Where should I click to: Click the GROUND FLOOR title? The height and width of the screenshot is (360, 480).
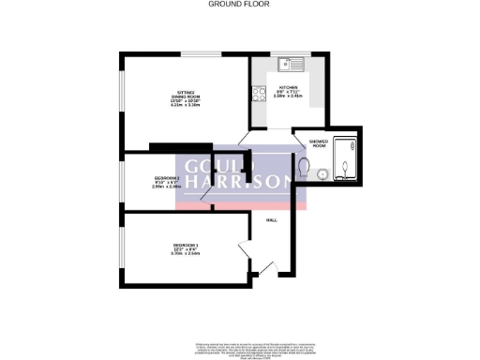[239, 4]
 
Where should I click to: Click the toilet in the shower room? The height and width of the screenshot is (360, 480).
[306, 166]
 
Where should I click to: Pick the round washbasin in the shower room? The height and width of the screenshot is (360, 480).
[322, 172]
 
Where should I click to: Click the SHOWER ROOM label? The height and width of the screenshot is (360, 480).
[318, 143]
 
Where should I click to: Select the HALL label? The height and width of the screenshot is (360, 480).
[272, 219]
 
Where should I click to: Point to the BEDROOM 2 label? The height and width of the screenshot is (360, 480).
[166, 178]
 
